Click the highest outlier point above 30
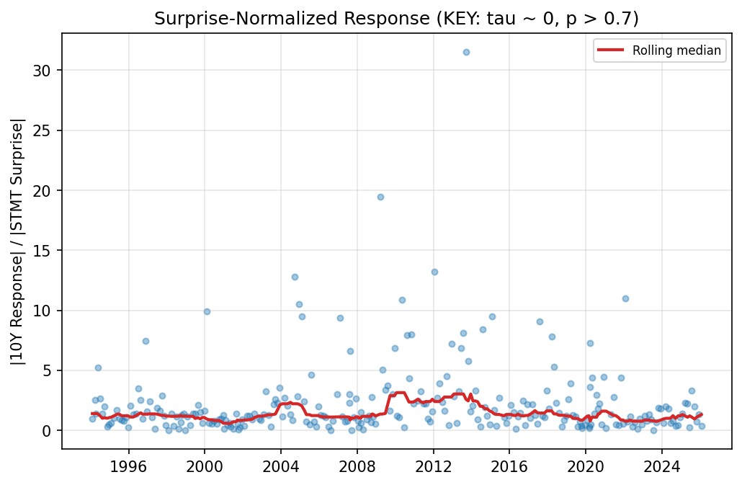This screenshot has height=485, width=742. (x=466, y=52)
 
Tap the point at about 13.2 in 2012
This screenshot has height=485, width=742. (x=434, y=272)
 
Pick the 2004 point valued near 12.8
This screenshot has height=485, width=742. (x=295, y=277)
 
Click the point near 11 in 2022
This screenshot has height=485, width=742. (x=625, y=298)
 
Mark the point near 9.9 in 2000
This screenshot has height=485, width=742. (x=207, y=311)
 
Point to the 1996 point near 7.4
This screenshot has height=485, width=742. (x=146, y=341)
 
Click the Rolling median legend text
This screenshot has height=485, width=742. (x=676, y=50)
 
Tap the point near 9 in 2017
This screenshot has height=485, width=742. (x=540, y=321)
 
